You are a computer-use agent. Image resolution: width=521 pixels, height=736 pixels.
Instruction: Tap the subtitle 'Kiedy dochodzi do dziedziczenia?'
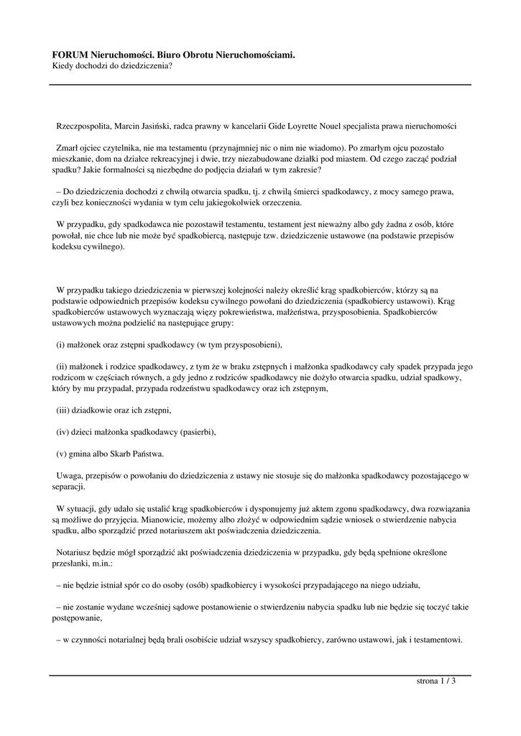[112, 65]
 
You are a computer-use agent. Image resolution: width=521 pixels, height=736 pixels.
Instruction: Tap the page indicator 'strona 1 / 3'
[436, 681]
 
